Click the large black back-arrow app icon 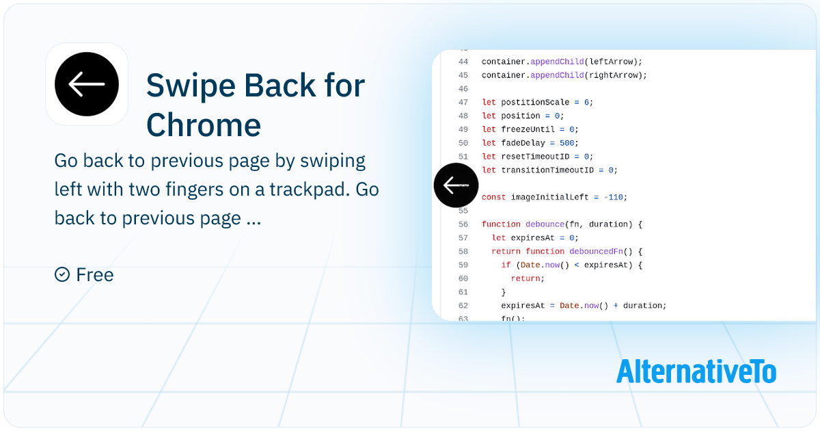[87, 84]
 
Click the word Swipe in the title [191, 86]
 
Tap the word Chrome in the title [204, 125]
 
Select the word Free [95, 274]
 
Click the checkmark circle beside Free [62, 274]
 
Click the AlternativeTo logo [696, 371]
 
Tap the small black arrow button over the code [456, 185]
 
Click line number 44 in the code [463, 62]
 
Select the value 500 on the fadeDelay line [566, 143]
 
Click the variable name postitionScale [535, 102]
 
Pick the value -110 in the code [613, 197]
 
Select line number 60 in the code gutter [463, 278]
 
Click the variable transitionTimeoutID [547, 170]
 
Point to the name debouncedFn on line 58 [597, 252]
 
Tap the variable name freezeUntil [528, 129]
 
